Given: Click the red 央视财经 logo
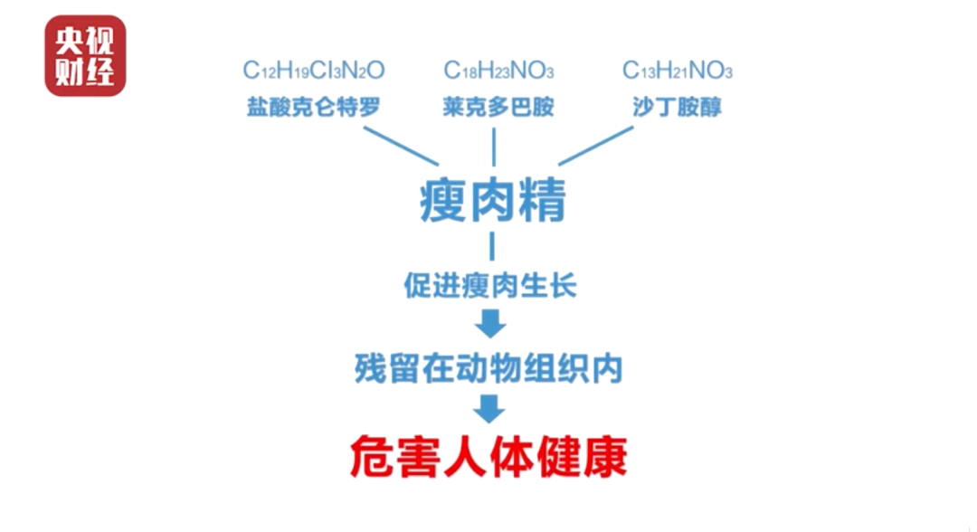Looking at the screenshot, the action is [85, 56].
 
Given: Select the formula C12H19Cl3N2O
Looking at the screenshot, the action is [313, 71].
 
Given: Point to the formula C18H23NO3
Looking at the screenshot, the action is [498, 71].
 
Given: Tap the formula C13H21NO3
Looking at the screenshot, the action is [678, 71].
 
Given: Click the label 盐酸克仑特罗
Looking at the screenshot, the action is [313, 107].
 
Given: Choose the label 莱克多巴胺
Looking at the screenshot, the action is [498, 107].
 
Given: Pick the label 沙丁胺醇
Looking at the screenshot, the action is [678, 107].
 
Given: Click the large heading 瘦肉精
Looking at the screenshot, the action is [493, 200].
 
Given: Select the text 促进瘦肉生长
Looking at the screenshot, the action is [490, 286].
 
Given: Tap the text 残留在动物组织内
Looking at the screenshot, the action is [489, 368].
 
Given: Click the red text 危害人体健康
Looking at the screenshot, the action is [489, 457].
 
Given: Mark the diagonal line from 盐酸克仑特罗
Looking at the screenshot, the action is [402, 146].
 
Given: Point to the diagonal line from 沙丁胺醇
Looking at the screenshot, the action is [595, 146].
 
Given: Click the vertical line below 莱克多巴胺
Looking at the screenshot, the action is [494, 147].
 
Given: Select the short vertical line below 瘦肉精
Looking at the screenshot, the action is [492, 246].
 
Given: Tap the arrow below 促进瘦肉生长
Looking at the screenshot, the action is [490, 324].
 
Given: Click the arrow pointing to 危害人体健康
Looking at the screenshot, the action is [489, 409].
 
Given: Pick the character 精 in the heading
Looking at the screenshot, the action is [543, 200].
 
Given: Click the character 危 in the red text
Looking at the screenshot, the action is [372, 457].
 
